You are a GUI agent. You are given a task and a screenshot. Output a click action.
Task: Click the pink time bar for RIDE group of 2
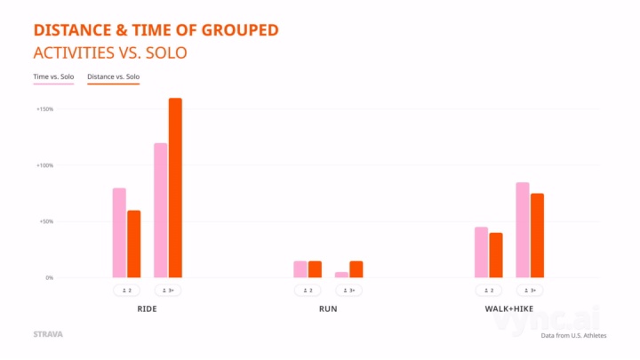pyautogui.click(x=119, y=233)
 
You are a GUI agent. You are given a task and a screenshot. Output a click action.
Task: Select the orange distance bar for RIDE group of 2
pyautogui.click(x=134, y=244)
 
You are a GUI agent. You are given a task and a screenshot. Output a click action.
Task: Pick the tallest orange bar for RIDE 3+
pyautogui.click(x=175, y=188)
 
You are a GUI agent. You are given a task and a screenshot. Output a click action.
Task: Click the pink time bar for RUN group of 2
pyautogui.click(x=300, y=269)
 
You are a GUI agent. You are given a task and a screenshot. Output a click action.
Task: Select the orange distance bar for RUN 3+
pyautogui.click(x=356, y=269)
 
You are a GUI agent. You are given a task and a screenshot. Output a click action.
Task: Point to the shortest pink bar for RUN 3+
pyautogui.click(x=341, y=275)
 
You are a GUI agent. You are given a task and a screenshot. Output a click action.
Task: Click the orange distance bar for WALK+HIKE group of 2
pyautogui.click(x=496, y=255)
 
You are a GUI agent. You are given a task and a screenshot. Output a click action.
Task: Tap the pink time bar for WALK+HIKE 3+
pyautogui.click(x=523, y=230)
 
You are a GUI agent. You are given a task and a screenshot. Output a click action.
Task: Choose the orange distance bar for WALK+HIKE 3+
pyautogui.click(x=537, y=236)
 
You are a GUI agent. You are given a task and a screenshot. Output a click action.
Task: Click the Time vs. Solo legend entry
pyautogui.click(x=53, y=77)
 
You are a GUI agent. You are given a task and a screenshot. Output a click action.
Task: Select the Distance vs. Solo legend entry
pyautogui.click(x=113, y=77)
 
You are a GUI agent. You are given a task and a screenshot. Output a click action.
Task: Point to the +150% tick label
pyautogui.click(x=44, y=109)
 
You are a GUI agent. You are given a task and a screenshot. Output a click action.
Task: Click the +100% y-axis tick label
pyautogui.click(x=44, y=165)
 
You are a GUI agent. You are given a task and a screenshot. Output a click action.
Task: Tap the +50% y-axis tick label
pyautogui.click(x=45, y=221)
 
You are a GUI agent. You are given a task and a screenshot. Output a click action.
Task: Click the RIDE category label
pyautogui.click(x=148, y=309)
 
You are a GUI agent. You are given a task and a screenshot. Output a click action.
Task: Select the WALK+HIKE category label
pyautogui.click(x=508, y=309)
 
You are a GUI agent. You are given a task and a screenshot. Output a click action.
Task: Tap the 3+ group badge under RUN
pyautogui.click(x=349, y=291)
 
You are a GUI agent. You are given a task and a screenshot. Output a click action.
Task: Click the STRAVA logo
pyautogui.click(x=47, y=335)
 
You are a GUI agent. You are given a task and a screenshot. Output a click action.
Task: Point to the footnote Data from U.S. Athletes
pyautogui.click(x=573, y=336)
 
